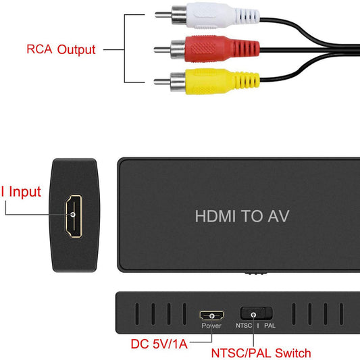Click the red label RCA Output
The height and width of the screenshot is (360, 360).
(61, 49)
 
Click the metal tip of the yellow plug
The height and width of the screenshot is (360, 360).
(161, 82)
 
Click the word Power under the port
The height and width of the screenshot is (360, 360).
(211, 326)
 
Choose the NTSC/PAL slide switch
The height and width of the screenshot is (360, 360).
(256, 313)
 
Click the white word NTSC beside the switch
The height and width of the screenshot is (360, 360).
(245, 326)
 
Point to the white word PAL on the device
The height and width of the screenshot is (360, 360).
(269, 326)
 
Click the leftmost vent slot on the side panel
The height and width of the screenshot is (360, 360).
(134, 314)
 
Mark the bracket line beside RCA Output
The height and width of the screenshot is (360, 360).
(125, 49)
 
